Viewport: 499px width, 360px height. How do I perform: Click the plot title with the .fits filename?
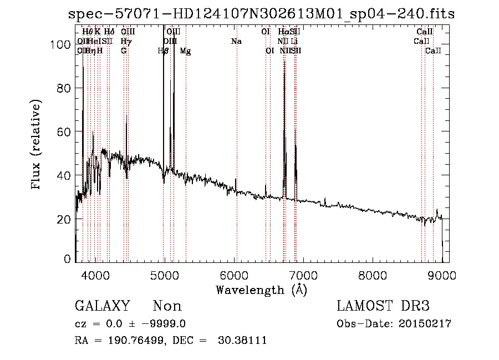tap(261, 14)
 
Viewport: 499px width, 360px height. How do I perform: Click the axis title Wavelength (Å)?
tap(261, 290)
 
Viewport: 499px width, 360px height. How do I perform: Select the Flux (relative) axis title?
tap(37, 145)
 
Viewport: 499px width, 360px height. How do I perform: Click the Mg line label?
tap(186, 51)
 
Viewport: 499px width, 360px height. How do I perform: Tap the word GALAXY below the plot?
tap(103, 306)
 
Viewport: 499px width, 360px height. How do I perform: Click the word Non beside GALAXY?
tap(167, 306)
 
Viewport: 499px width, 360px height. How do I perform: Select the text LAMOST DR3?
tap(383, 306)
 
